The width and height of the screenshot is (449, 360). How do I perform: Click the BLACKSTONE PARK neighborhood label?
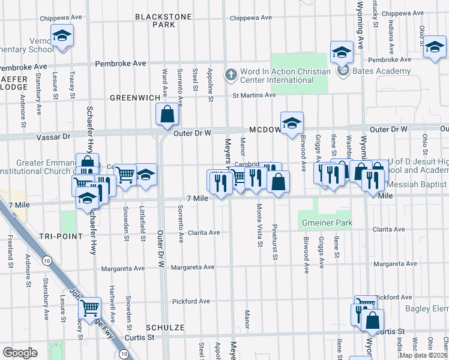tap(155, 20)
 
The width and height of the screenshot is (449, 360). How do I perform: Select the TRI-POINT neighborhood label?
tap(59, 236)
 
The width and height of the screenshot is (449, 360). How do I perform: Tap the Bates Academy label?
tap(374, 71)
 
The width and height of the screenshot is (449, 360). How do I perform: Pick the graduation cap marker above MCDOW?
tap(292, 124)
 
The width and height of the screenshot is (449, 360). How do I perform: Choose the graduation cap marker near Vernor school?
tap(62, 36)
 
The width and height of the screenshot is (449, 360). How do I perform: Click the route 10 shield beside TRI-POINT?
tap(46, 260)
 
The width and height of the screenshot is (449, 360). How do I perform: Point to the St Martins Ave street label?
tap(254, 95)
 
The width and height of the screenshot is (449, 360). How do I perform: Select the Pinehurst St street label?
tap(275, 242)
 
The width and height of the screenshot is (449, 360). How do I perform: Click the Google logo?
tap(20, 353)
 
